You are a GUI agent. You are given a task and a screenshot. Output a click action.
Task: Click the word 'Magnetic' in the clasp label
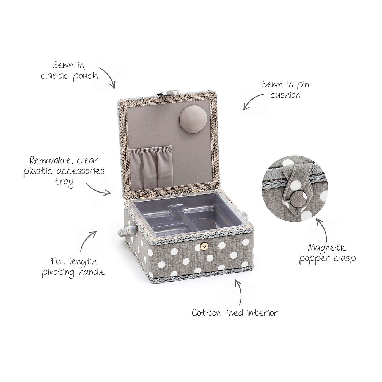coord(327,248)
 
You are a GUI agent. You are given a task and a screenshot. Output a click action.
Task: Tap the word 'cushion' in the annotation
coord(285,95)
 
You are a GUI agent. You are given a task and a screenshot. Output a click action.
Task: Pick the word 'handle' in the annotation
coord(91,272)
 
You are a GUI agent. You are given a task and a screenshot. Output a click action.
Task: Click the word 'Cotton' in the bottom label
coord(206,313)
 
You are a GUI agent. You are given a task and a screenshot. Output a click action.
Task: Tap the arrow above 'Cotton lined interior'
coord(239,293)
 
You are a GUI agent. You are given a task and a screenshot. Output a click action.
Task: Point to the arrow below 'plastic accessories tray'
coord(99,190)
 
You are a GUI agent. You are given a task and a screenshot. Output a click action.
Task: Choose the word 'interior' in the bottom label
coord(262,313)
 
